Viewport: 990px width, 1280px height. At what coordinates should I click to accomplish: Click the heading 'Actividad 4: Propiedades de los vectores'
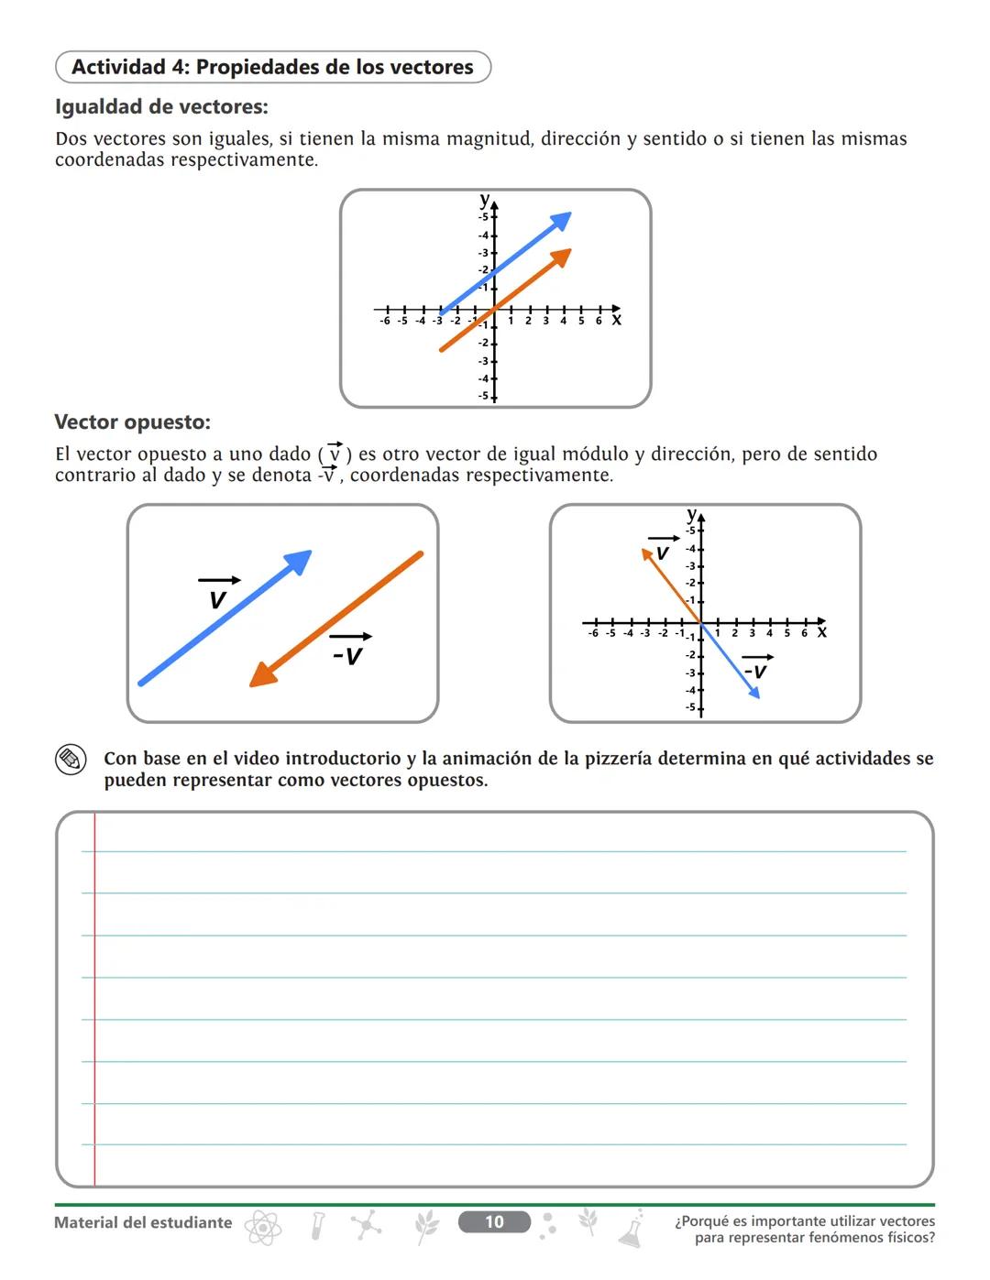tap(272, 67)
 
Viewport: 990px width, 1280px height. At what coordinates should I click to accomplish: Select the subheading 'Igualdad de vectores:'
tap(161, 107)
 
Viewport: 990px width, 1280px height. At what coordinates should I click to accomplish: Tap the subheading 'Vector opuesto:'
tap(132, 422)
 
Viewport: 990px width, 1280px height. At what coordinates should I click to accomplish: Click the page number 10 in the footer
tap(494, 1221)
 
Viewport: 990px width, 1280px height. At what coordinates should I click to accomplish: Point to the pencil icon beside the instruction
tap(70, 759)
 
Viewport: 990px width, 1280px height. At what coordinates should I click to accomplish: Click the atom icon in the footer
tap(263, 1227)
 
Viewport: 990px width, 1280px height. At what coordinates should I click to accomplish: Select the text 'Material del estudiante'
tap(143, 1222)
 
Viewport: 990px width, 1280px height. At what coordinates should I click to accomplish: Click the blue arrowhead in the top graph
tap(561, 221)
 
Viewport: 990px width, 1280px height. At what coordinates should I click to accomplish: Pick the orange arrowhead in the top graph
tap(561, 257)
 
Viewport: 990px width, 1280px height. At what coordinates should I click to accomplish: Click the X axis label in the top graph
tap(616, 321)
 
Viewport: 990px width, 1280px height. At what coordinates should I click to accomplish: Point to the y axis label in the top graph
tap(484, 199)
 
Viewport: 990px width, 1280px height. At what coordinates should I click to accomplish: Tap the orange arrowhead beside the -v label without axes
tap(263, 675)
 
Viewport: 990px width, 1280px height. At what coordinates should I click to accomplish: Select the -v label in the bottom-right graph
tap(755, 672)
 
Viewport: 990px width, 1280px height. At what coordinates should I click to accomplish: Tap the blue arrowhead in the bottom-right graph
tap(753, 692)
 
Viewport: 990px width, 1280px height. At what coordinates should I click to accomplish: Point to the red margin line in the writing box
tap(94, 999)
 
